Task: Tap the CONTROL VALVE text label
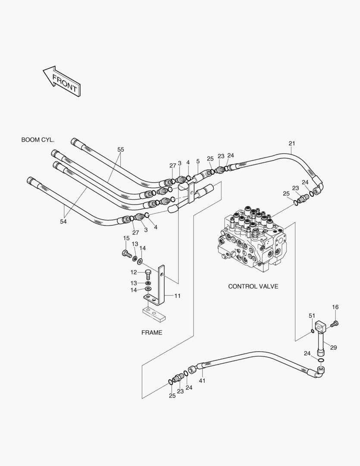253,286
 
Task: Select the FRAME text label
152,333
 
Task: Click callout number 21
292,143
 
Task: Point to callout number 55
121,149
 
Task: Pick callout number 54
63,221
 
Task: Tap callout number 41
202,381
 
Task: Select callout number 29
333,347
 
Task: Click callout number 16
335,307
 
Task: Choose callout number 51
312,316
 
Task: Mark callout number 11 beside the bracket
178,296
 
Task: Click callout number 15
126,238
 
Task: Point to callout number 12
134,272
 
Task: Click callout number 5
198,161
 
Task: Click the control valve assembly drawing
252,239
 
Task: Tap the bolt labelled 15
126,253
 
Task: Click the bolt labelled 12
148,274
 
